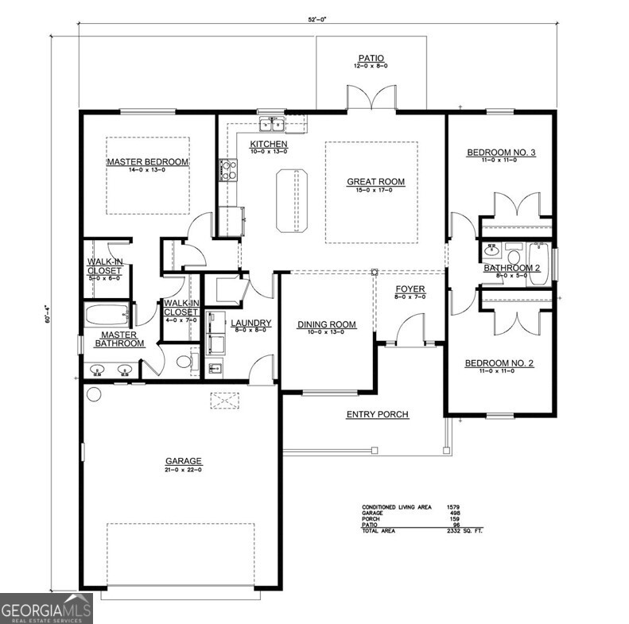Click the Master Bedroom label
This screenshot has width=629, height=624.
click(x=148, y=162)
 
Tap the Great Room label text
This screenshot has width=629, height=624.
click(x=375, y=182)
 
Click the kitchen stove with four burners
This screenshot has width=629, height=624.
click(x=227, y=169)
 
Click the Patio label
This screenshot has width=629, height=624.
click(x=371, y=58)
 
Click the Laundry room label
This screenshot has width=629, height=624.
click(x=251, y=324)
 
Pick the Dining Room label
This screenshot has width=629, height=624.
click(x=326, y=324)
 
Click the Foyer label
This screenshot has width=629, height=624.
click(x=410, y=289)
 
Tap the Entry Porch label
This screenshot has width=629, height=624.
click(x=377, y=414)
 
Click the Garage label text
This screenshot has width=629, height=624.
click(x=183, y=461)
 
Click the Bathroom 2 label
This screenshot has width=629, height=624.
click(x=512, y=268)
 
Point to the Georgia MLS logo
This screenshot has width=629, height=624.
click(x=46, y=608)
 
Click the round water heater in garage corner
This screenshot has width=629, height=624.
click(x=93, y=394)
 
